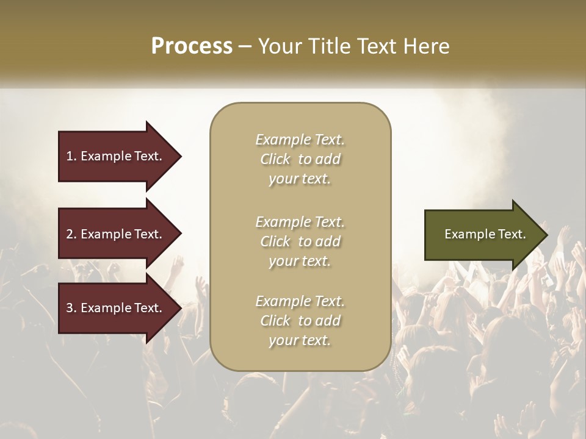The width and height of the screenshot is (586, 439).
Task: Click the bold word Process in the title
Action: click(192, 46)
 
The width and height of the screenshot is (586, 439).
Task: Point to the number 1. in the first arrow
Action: click(71, 156)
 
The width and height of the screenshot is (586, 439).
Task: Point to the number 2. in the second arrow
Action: click(71, 234)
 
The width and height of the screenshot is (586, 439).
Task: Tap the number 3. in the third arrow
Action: click(71, 308)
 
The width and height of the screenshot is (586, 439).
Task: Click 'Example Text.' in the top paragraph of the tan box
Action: click(300, 140)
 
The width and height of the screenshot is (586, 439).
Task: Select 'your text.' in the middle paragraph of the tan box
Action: click(300, 261)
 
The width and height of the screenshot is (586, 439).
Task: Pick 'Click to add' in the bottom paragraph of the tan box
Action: click(300, 321)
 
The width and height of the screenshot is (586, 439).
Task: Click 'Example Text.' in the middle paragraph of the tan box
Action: click(300, 221)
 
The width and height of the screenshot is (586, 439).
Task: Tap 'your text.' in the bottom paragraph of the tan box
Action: click(300, 341)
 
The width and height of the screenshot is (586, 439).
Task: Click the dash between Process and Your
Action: click(245, 47)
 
